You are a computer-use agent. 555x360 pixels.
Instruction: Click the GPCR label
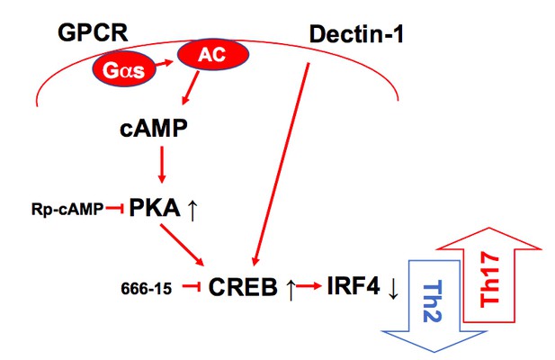click(x=93, y=33)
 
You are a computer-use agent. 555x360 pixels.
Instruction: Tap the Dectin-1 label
click(x=356, y=35)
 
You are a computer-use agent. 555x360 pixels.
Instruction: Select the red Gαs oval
click(x=124, y=70)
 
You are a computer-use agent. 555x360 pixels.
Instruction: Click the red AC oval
click(x=213, y=55)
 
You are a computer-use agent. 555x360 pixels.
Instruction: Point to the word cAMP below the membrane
click(x=153, y=128)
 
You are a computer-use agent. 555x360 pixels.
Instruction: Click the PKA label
click(x=155, y=207)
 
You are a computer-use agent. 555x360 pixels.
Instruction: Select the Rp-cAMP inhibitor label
click(x=67, y=210)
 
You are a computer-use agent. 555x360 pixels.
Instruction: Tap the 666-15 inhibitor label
click(x=147, y=289)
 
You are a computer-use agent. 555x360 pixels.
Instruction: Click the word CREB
click(x=243, y=287)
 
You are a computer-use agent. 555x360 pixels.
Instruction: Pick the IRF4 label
click(x=354, y=285)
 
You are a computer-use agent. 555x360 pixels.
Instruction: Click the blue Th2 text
click(x=433, y=301)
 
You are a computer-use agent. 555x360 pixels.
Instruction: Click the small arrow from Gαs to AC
click(x=165, y=63)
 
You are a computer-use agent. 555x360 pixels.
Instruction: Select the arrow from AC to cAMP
click(x=191, y=87)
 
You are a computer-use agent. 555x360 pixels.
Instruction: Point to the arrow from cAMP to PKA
click(x=162, y=165)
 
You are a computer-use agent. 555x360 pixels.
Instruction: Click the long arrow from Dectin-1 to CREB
click(x=282, y=164)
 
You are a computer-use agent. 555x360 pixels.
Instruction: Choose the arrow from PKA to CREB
click(x=183, y=245)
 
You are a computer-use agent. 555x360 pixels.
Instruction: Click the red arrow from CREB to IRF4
click(x=309, y=286)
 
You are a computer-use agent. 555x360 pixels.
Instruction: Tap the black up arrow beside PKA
click(x=192, y=211)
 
